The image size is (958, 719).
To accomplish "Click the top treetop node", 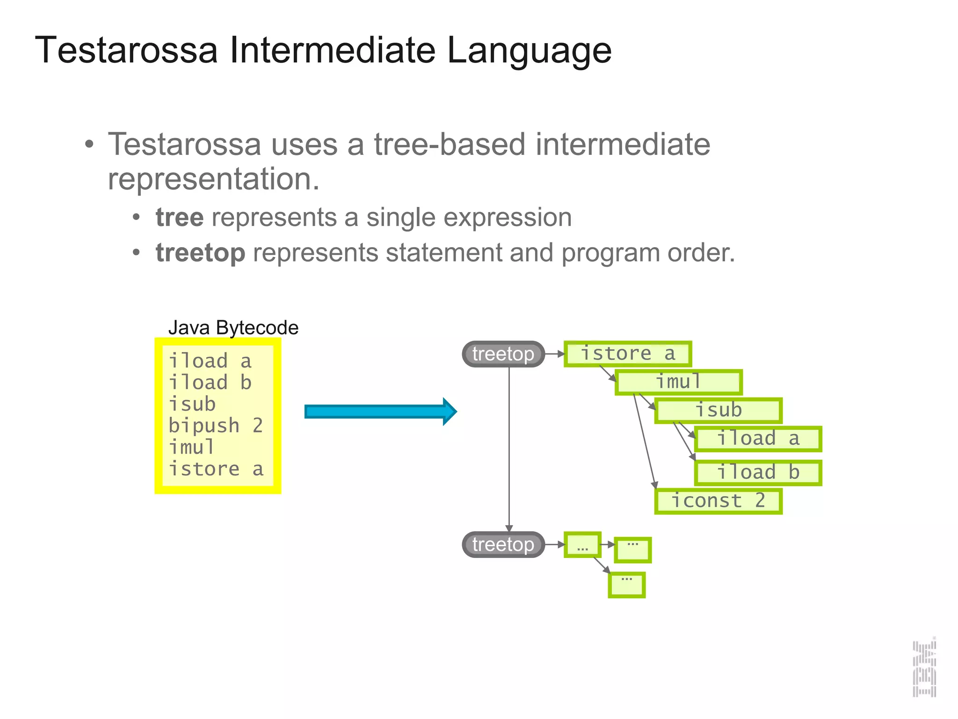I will tap(503, 354).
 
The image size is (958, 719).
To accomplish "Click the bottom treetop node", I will tap(503, 544).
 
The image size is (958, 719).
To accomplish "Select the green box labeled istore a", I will tap(627, 354).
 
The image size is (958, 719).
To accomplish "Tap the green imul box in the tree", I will tap(678, 382).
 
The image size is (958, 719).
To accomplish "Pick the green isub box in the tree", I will tap(718, 411).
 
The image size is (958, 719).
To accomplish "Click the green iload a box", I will tap(758, 439).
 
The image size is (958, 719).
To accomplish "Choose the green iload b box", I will tap(758, 472).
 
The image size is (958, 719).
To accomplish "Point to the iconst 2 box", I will tap(718, 501).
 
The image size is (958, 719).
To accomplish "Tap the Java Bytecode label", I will tap(233, 328).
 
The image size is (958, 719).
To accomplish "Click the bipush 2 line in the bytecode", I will tap(215, 426).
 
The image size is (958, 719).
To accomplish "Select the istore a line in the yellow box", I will tap(216, 469).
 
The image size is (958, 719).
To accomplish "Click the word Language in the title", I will tap(529, 50).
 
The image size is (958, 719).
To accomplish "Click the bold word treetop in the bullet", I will tap(200, 253).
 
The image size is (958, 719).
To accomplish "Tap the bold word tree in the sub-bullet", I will tap(180, 218).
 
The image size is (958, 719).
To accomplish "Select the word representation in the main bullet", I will tap(213, 179).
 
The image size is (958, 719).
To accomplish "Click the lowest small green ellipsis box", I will tap(627, 585).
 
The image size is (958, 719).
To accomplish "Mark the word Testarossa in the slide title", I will tap(126, 50).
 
